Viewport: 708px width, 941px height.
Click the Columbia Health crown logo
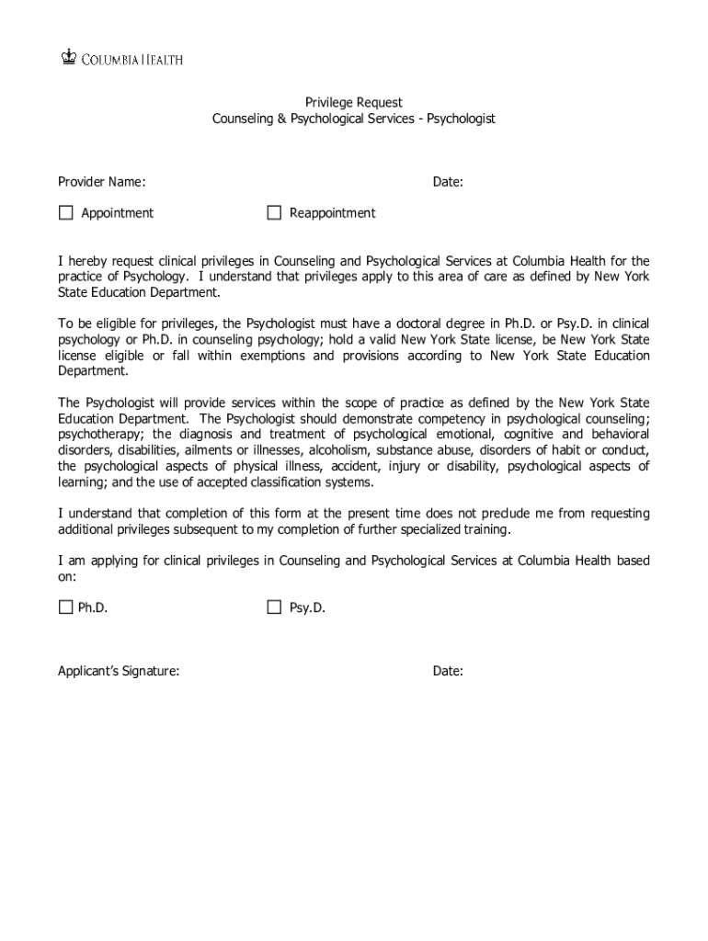(x=66, y=58)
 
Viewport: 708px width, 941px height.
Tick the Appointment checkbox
(x=65, y=213)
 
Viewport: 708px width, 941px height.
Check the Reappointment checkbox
(x=274, y=213)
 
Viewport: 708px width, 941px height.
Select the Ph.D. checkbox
(x=65, y=607)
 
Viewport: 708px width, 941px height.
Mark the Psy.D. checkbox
(x=274, y=607)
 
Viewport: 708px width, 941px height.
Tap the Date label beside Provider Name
(x=448, y=183)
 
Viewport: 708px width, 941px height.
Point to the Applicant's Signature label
(x=119, y=672)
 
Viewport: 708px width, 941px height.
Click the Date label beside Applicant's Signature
(x=448, y=672)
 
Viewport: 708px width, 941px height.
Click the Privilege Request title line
(x=354, y=103)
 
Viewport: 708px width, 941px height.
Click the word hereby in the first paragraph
(x=88, y=261)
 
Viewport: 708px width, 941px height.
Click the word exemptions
(x=277, y=356)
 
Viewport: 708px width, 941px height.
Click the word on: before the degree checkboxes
(x=67, y=576)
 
